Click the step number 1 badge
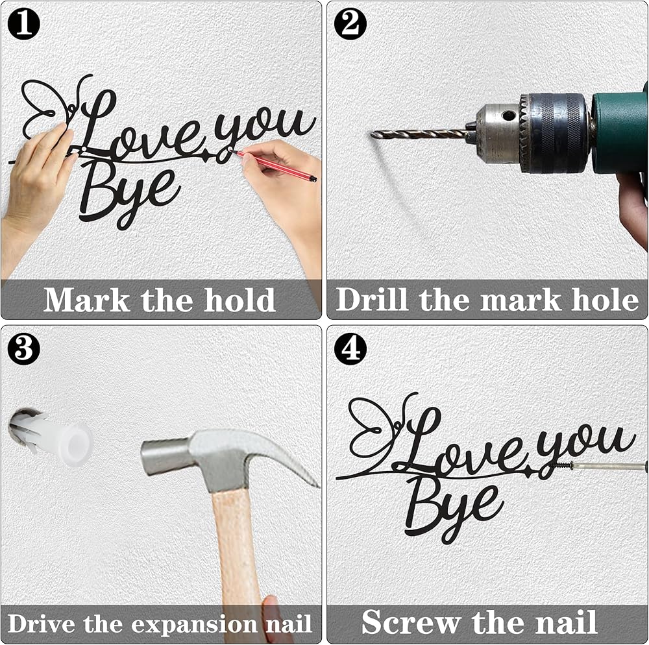pyautogui.click(x=23, y=23)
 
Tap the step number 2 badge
pyautogui.click(x=350, y=23)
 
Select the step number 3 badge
pyautogui.click(x=23, y=348)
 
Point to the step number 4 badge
pyautogui.click(x=350, y=348)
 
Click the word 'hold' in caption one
pyautogui.click(x=239, y=300)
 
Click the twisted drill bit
pyautogui.click(x=419, y=134)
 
